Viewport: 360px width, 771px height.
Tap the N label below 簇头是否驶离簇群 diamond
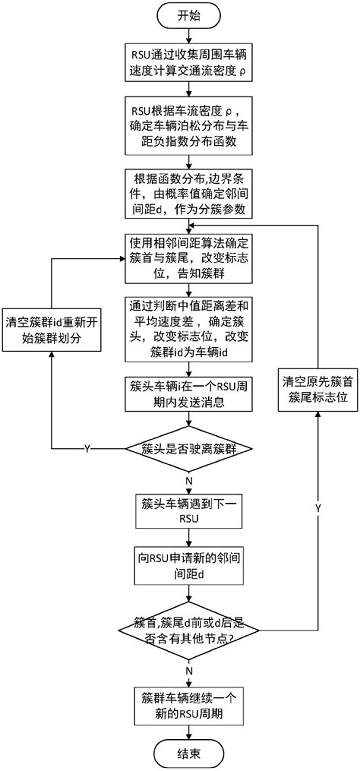point(188,480)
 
